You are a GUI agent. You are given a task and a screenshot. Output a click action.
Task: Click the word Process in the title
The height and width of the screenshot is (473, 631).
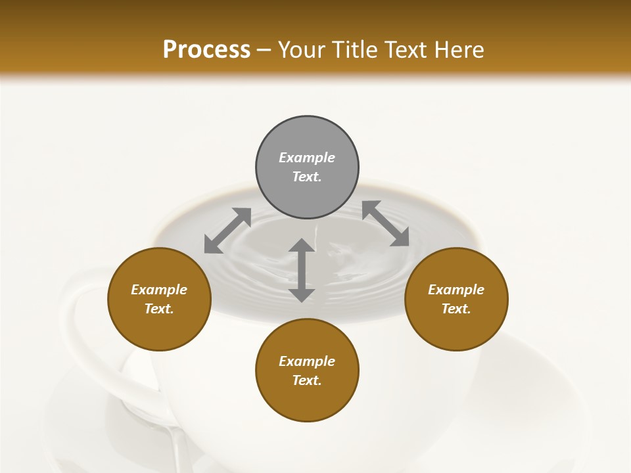206,50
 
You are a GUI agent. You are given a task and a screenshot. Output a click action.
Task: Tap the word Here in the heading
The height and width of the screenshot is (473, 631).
459,50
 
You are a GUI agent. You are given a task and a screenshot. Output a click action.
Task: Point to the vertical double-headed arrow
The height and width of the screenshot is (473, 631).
302,270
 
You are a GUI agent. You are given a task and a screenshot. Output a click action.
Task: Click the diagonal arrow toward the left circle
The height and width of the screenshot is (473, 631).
227,230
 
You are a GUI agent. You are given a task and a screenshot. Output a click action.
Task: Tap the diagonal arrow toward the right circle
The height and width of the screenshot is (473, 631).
385,223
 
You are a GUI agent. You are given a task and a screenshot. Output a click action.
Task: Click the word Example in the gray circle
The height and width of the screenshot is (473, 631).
307,158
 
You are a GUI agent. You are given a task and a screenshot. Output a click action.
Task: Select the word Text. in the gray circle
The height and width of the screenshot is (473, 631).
307,177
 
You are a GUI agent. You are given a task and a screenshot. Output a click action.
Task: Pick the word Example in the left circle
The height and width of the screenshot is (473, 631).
159,290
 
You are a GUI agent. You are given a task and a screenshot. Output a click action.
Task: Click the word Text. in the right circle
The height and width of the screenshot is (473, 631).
456,309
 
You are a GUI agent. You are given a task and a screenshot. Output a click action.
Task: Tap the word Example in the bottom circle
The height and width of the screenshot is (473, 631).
307,361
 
